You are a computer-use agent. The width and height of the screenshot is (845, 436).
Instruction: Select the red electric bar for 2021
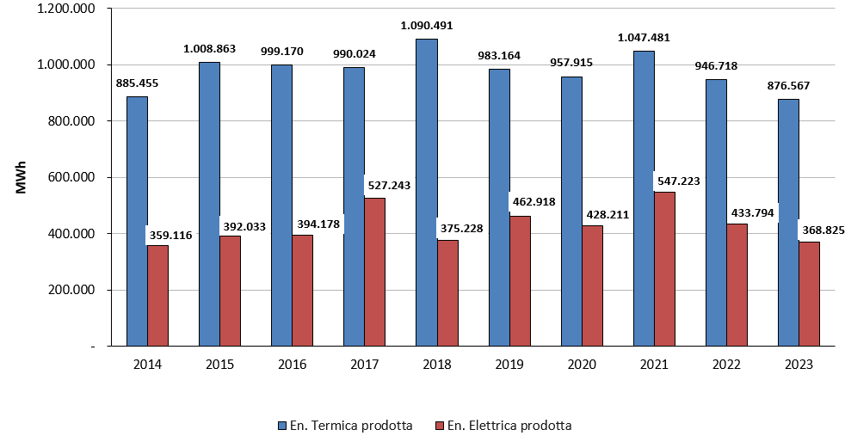tap(664, 268)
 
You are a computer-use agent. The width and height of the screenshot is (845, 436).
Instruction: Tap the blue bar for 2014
tap(137, 221)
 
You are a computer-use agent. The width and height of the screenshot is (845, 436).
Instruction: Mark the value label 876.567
tap(789, 86)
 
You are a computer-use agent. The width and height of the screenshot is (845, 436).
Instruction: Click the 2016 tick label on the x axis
tap(293, 364)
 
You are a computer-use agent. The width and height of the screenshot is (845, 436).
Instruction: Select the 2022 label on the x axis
tap(727, 364)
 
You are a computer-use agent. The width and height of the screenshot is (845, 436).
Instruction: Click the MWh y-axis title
tap(22, 176)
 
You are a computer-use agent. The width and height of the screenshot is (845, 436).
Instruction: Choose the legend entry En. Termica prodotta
tap(352, 425)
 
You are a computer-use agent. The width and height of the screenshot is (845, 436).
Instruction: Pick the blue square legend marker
tap(282, 425)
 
